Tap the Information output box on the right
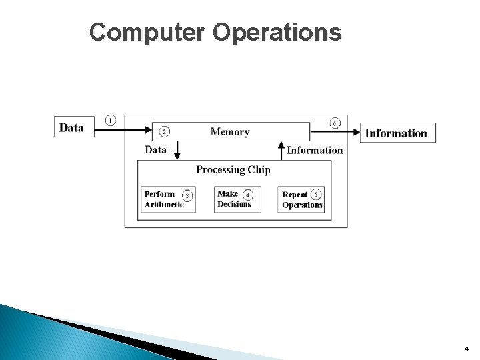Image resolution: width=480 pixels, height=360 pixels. [398, 133]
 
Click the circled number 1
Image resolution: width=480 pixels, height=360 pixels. [110, 120]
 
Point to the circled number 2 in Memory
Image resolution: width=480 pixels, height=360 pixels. [165, 131]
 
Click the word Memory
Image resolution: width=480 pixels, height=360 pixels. [230, 132]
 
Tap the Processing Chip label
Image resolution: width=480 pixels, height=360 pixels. [233, 169]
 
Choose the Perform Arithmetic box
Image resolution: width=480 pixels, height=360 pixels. [169, 199]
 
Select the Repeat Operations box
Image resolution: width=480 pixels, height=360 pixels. [301, 199]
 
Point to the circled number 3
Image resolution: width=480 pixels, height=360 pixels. [187, 195]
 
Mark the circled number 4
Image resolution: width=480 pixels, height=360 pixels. [248, 195]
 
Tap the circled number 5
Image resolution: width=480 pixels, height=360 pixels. [316, 195]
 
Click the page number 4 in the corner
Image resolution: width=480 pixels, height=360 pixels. [467, 349]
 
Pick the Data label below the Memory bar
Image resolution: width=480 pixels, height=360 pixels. [156, 150]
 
